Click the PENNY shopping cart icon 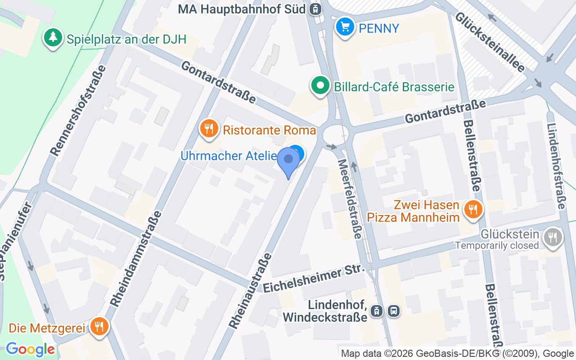(345, 27)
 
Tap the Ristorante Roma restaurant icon (209, 129)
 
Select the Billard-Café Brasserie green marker (320, 85)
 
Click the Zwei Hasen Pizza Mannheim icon (472, 209)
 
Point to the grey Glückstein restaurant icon (553, 237)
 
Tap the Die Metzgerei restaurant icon (99, 326)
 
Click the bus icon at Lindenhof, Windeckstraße (393, 310)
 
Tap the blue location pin (288, 162)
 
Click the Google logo (31, 349)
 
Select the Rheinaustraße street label (250, 290)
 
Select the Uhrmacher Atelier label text (229, 156)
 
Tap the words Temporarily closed (497, 245)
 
